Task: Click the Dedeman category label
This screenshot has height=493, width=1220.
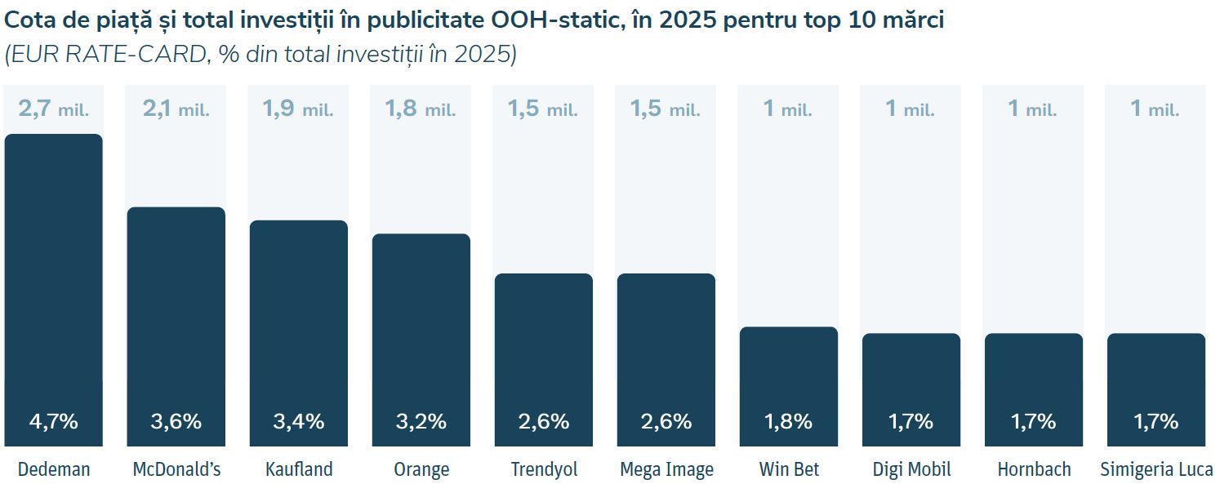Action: tap(54, 469)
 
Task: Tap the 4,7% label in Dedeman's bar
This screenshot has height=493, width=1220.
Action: tap(54, 421)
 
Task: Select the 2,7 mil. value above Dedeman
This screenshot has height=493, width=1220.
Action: tap(54, 109)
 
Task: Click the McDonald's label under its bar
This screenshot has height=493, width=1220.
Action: tap(176, 469)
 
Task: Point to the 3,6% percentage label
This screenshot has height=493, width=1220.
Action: tap(176, 421)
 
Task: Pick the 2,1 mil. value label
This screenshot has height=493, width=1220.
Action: tap(176, 109)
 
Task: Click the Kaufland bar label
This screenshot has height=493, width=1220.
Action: tap(299, 469)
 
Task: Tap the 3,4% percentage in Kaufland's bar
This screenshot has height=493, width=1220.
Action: tap(299, 421)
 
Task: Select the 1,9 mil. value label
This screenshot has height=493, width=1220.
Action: tap(299, 109)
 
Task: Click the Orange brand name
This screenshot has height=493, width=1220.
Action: tap(421, 469)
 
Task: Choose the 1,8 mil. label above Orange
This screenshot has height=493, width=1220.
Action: tap(421, 109)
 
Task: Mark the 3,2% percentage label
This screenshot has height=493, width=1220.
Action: tap(421, 421)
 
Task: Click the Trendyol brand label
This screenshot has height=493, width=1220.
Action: tap(544, 469)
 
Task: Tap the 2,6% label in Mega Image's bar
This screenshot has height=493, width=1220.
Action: tap(666, 421)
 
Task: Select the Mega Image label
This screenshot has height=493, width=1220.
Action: tap(666, 469)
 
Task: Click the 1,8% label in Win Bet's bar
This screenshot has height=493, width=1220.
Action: tap(789, 421)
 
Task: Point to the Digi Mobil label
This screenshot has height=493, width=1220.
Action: tap(911, 469)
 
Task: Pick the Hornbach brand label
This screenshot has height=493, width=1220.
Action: tap(1034, 469)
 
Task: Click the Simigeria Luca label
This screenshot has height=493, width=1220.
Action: tap(1156, 469)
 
